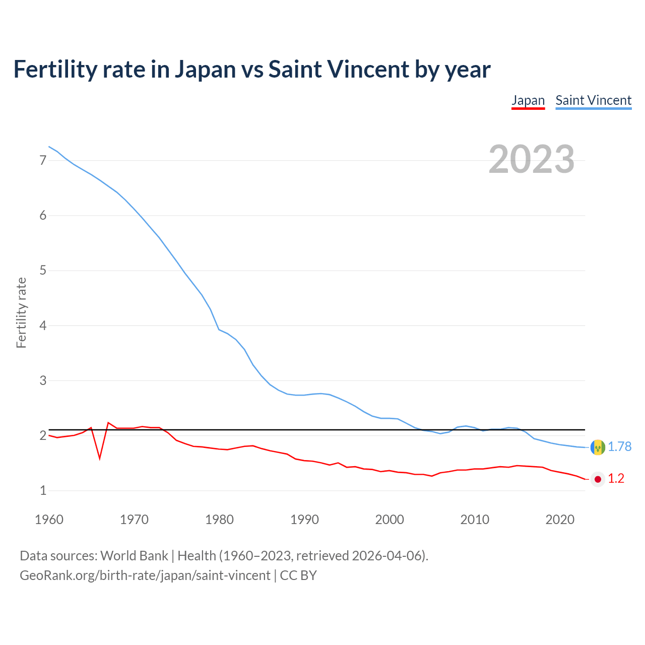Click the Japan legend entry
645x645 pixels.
[528, 100]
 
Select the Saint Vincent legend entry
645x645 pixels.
[593, 100]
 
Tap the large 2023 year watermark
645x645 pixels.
[531, 159]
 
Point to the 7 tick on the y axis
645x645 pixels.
[43, 160]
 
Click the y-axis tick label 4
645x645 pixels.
[43, 326]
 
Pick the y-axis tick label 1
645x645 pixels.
[43, 490]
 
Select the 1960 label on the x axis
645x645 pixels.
[49, 520]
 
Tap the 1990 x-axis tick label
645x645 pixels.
[304, 520]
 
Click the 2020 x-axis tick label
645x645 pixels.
[560, 520]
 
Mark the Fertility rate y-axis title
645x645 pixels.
[21, 312]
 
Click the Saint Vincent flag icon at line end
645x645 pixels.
[598, 447]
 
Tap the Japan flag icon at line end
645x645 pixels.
[598, 479]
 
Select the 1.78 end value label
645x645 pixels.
[619, 447]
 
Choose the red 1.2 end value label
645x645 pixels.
[616, 479]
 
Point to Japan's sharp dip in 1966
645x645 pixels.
[100, 458]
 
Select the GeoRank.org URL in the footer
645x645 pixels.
[145, 575]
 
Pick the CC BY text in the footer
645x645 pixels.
[298, 575]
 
